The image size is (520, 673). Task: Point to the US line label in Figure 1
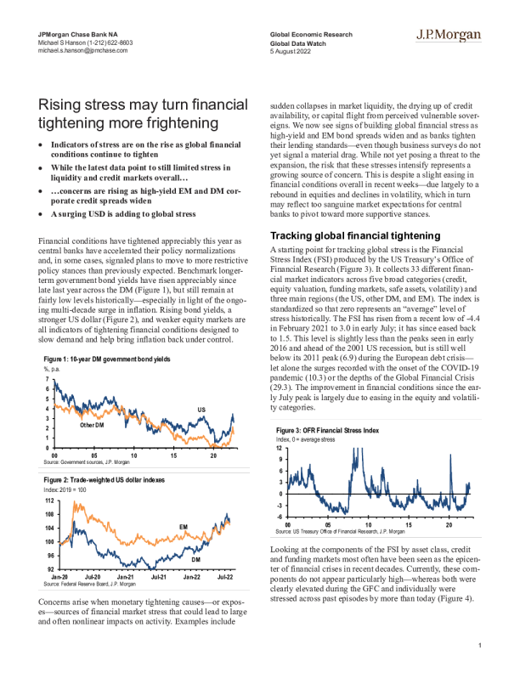(x=201, y=410)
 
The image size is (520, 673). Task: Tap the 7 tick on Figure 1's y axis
(x=45, y=378)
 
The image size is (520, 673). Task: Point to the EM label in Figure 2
(x=183, y=528)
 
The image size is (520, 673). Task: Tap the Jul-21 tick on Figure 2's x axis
(x=157, y=576)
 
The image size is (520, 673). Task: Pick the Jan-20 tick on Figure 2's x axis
(x=57, y=576)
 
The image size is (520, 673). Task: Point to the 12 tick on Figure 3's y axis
(x=279, y=447)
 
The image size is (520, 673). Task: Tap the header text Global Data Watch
(x=294, y=41)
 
